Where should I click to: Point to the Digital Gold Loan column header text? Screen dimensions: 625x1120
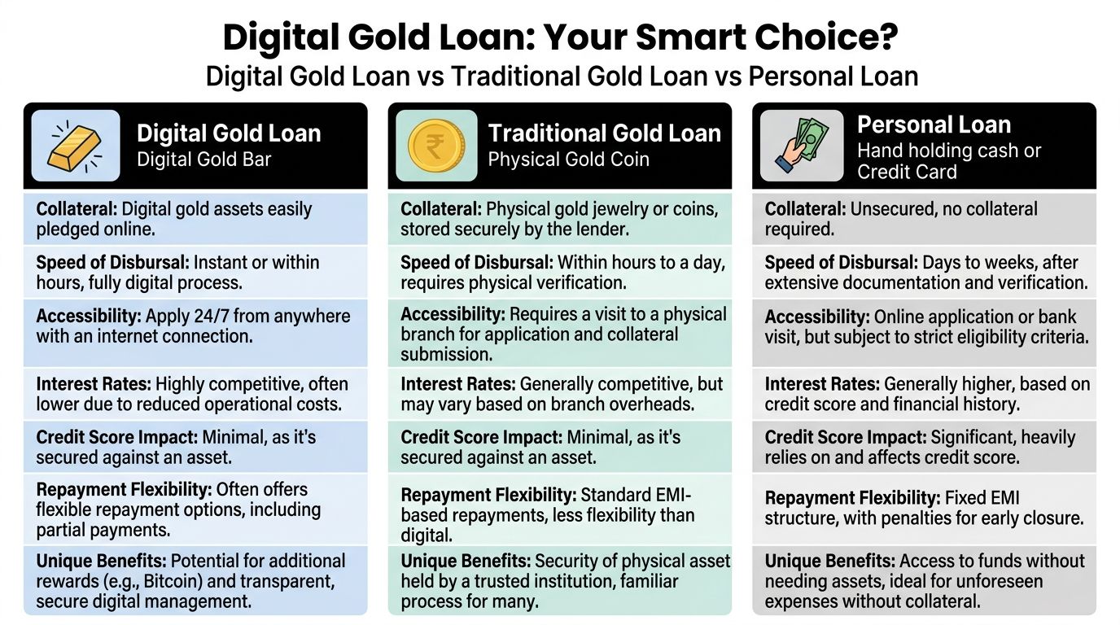229,133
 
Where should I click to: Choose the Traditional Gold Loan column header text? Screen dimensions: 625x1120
604,133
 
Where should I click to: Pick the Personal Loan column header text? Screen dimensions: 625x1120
934,125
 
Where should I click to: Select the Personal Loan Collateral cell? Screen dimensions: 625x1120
924,219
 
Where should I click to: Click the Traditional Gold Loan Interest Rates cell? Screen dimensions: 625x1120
560,393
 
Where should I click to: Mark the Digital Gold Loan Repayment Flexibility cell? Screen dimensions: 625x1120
195,510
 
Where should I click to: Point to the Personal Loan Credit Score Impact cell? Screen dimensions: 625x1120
924,447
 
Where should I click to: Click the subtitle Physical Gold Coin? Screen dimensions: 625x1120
568,159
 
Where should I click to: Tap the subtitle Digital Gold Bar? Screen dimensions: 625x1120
203,158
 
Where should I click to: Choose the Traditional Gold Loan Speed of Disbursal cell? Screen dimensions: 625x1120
560,273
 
